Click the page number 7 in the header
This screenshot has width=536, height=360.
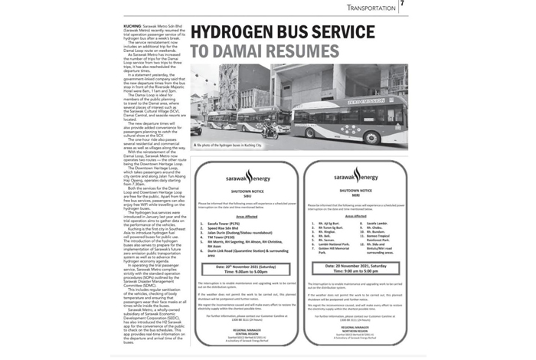[x=402, y=7]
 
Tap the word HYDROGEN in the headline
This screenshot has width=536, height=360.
[x=237, y=34]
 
